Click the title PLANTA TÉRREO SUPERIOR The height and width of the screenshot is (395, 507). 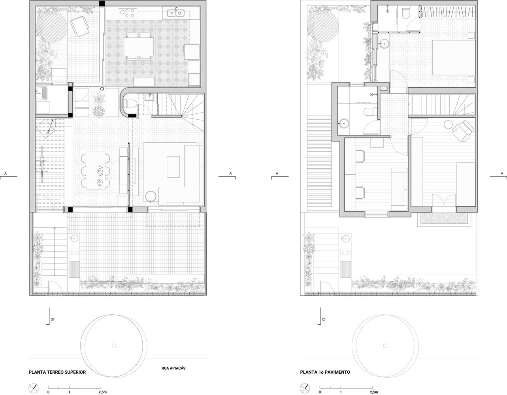pos(57,372)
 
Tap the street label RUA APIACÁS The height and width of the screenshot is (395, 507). pos(173,368)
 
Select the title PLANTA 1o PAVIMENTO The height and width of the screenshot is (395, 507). pos(325,372)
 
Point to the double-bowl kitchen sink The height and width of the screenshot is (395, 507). pos(176,13)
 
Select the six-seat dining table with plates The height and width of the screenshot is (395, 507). pos(96,170)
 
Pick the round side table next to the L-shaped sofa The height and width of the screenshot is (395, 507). pos(151,196)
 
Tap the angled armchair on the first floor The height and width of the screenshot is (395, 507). pos(462,131)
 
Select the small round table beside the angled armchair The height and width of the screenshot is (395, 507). pos(448,124)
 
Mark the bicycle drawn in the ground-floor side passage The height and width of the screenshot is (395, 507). pos(42,163)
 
